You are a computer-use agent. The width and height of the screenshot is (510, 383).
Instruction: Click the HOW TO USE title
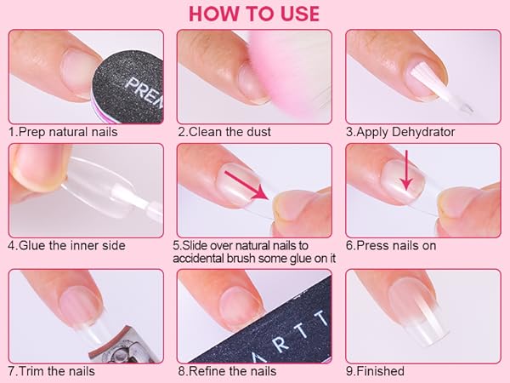tap(254, 14)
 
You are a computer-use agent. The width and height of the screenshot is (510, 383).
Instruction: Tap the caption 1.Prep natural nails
tap(63, 132)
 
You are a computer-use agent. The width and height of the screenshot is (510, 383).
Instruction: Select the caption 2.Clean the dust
tap(224, 132)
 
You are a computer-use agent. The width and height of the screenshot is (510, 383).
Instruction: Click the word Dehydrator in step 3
tap(423, 132)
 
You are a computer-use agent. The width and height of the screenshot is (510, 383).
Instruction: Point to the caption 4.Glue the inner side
tap(66, 245)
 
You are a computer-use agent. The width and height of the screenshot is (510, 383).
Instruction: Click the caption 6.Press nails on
tap(391, 245)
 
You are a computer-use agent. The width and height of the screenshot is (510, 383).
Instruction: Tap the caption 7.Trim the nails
tap(52, 371)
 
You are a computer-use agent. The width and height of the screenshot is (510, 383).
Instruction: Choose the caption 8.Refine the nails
tap(227, 371)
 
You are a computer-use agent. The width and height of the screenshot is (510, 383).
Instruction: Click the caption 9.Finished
tap(376, 371)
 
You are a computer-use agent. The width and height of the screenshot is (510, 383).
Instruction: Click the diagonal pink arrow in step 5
tap(246, 186)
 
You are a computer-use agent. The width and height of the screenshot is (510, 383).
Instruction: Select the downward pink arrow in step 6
tap(406, 169)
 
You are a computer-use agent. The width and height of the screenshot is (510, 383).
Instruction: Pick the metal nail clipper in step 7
tap(125, 346)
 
